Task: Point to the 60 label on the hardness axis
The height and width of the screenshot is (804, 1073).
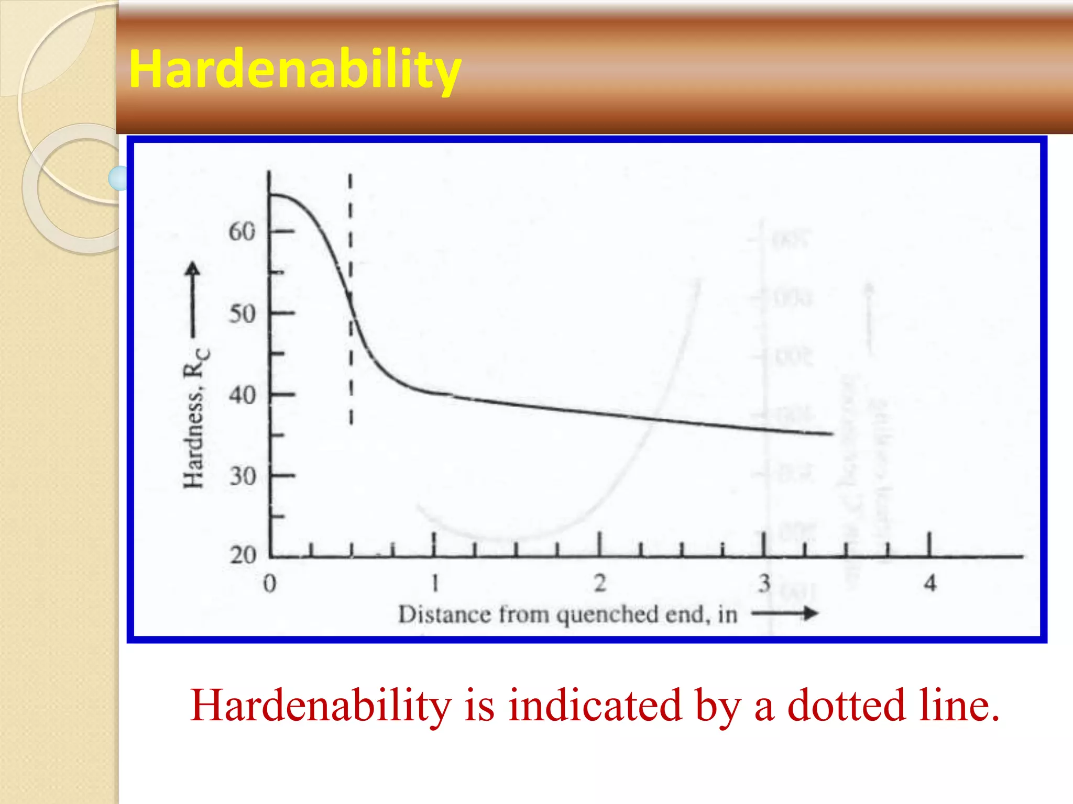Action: coord(242,231)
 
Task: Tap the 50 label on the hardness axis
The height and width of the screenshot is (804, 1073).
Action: coord(242,314)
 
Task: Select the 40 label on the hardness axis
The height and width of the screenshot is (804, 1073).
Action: coord(242,395)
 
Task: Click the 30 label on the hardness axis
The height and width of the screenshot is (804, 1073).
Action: coord(242,477)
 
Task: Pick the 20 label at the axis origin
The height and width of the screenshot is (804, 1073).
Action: coord(242,555)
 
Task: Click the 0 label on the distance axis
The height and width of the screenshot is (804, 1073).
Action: coord(269,583)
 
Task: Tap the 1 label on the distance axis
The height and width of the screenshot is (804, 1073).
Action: coord(434,583)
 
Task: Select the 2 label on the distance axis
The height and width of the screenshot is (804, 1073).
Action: coord(600,583)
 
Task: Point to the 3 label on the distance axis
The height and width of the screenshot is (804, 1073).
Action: coord(764,583)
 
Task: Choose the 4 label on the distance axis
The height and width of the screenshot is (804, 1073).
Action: coord(930,583)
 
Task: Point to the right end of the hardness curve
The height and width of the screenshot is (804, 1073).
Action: coord(831,433)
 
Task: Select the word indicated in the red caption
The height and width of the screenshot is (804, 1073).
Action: coord(595,706)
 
